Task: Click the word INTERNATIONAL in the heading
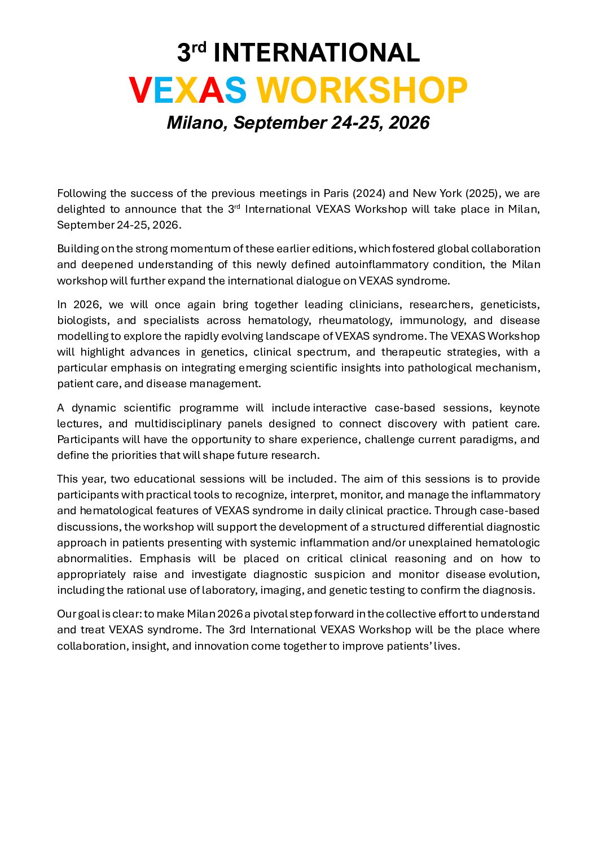click(317, 53)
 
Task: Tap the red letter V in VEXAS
click(140, 90)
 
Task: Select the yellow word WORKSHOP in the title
click(362, 90)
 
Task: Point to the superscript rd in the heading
click(199, 46)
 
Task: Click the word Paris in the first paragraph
click(336, 193)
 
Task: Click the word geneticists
click(510, 304)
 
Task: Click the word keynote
click(520, 408)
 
